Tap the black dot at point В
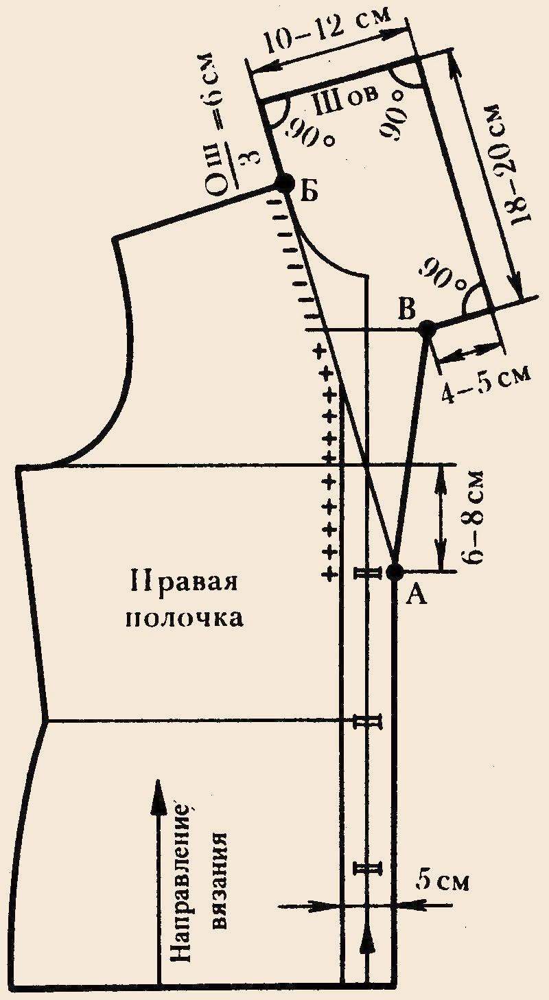pos(427,329)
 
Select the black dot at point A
pos(395,571)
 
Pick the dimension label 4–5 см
pos(486,382)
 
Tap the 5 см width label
pos(442,882)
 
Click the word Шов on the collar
pos(345,101)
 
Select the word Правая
pos(184,584)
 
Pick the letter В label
pos(407,310)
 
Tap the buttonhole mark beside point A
pos(368,573)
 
